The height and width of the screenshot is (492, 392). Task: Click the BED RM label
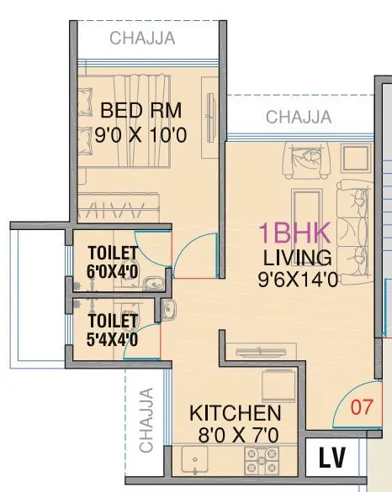pos(141,110)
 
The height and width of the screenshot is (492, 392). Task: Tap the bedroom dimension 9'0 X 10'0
pos(141,133)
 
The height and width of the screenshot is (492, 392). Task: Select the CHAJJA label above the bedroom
pos(142,38)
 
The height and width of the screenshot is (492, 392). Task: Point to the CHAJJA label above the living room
pos(299,118)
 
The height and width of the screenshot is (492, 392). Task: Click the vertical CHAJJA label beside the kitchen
pos(146,420)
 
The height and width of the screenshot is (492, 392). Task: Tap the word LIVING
pos(297,257)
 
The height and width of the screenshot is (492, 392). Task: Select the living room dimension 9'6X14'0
pos(298,280)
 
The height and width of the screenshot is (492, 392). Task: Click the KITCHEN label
pos(235,413)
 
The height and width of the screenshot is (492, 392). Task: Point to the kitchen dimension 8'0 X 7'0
pos(235,435)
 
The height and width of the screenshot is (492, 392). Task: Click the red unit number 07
pos(361,409)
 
